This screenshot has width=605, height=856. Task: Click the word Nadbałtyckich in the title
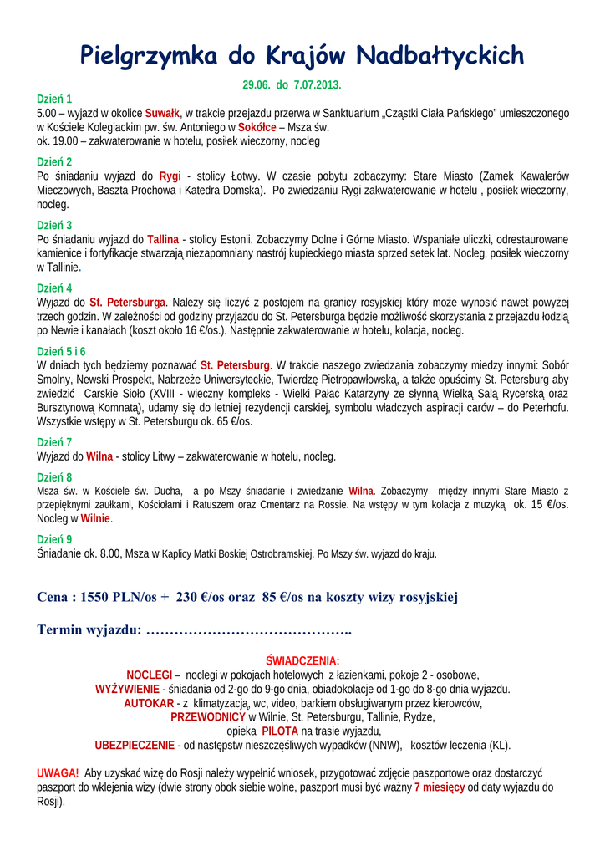coord(440,56)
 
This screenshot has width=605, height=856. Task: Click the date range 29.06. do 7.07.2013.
coord(292,85)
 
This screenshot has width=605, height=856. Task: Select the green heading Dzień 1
coord(54,99)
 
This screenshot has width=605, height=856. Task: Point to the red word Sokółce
coord(257,127)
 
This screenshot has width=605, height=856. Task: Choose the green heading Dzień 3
coord(54,225)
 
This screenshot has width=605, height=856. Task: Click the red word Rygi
coord(170,176)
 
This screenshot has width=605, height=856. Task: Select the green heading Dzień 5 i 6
coord(61,351)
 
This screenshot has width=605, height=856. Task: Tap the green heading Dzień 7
coord(54,442)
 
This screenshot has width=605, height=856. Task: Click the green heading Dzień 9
coord(54,539)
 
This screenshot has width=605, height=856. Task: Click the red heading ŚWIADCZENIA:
coord(302,660)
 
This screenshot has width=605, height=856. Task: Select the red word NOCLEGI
coord(149,675)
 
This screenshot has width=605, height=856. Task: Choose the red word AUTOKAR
coord(149,703)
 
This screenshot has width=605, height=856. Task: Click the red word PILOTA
coord(274,731)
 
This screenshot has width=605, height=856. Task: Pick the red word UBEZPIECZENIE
coord(134,745)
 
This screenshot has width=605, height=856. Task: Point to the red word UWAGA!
coord(58,773)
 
